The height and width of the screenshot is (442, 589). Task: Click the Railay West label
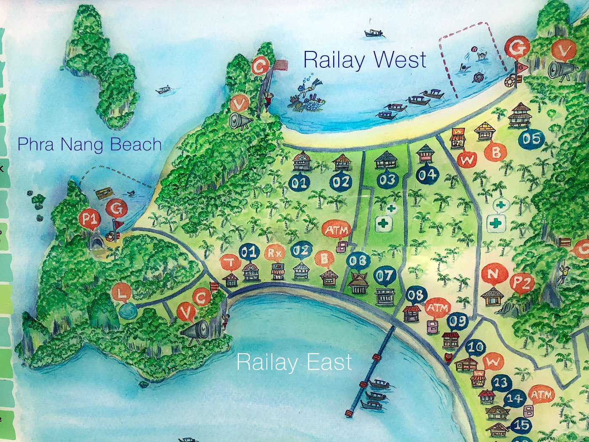364,60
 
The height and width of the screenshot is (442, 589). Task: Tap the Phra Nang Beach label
90,144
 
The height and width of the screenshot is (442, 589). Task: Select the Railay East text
294,362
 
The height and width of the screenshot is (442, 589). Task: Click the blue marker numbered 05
532,138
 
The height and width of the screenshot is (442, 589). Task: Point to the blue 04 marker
427,174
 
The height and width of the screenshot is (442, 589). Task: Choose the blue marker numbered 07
385,276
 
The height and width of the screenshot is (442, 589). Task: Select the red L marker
122,293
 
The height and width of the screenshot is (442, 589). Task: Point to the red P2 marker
522,284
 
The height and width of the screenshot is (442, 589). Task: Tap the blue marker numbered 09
457,322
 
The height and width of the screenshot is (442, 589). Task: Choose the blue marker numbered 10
476,348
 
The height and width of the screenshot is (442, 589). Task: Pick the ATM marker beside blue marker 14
541,395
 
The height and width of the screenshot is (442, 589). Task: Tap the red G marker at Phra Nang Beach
116,209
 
